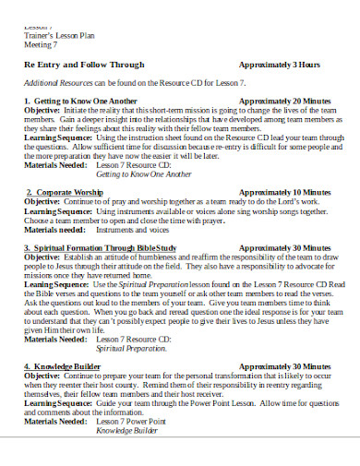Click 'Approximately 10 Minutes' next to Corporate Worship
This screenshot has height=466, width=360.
click(x=284, y=192)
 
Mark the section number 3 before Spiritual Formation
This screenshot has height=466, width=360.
click(x=29, y=248)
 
